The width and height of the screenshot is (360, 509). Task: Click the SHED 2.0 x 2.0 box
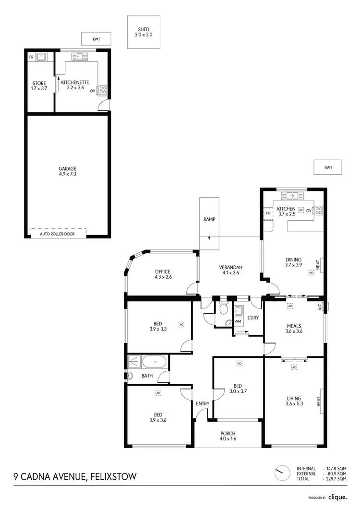144,32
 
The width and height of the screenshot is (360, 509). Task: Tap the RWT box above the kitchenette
96,39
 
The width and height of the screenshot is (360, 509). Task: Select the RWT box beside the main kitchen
328,167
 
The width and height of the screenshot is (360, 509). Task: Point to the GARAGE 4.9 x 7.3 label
68,171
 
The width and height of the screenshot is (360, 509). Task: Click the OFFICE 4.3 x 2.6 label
163,274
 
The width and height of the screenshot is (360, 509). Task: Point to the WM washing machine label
238,321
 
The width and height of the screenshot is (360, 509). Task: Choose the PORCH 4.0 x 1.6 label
228,437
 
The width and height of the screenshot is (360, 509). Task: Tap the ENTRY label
203,403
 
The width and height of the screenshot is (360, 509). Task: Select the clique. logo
338,497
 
